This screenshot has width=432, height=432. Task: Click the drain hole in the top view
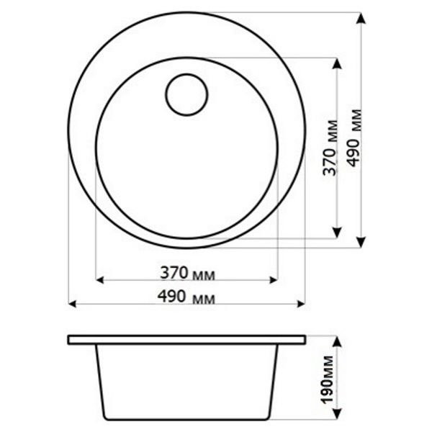[186, 94]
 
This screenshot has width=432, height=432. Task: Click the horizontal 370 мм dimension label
[187, 273]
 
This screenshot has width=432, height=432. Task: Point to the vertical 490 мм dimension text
[354, 137]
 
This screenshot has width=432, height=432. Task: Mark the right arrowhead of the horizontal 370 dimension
[274, 279]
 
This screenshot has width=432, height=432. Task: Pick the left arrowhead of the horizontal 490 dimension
[72, 304]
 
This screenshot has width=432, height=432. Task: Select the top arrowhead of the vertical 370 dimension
[336, 63]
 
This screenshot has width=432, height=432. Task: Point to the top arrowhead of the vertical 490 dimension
[361, 17]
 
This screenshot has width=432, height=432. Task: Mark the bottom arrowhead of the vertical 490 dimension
[361, 243]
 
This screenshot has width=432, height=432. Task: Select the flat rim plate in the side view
[186, 339]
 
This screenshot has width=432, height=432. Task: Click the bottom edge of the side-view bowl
[186, 419]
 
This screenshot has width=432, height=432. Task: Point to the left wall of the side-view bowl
[98, 382]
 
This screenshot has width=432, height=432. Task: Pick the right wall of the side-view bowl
[276, 382]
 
